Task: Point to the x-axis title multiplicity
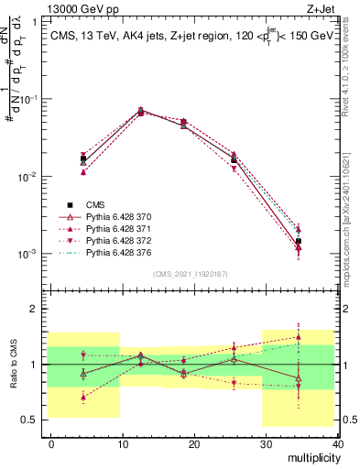[312, 457]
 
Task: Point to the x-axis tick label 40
[336, 443]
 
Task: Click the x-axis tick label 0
[51, 443]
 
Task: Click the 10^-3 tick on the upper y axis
[27, 254]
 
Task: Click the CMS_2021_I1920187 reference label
[191, 273]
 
